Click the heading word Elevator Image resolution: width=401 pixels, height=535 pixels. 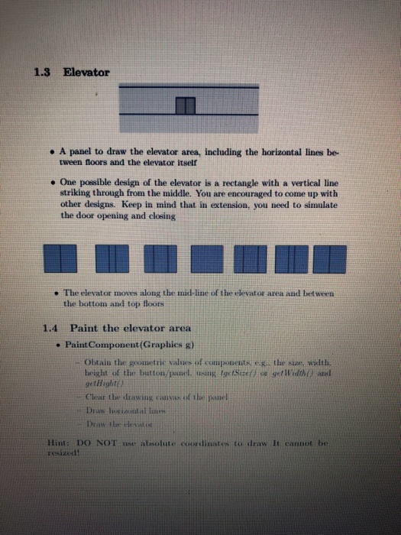pos(86,73)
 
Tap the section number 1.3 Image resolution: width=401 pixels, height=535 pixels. pos(44,73)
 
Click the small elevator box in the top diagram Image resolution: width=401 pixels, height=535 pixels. pos(186,105)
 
